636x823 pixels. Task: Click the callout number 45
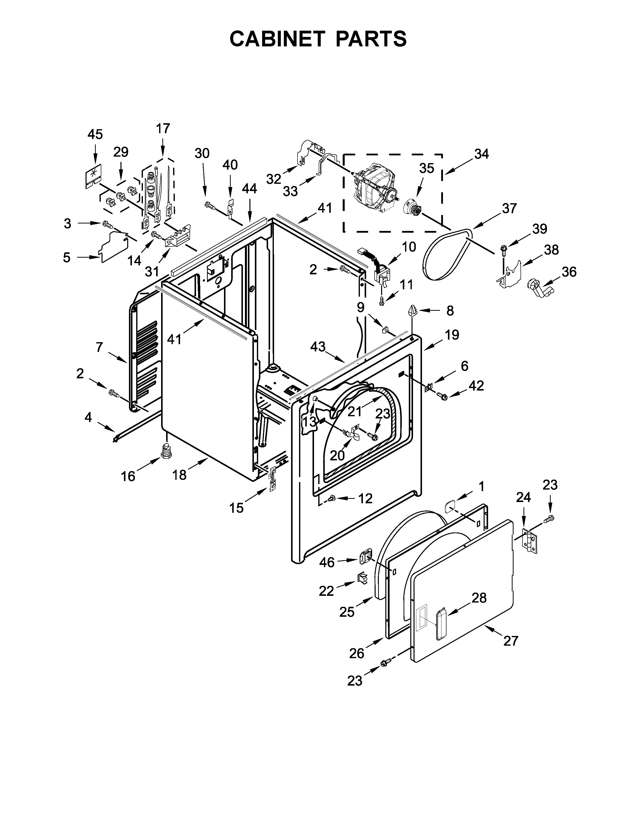[95, 134]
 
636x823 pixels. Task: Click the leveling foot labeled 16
[166, 451]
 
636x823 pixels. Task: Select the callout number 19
[452, 335]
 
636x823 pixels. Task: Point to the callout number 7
[99, 347]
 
